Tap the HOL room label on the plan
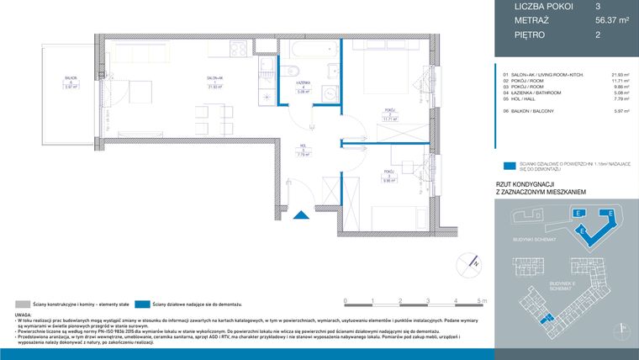[x=302, y=150]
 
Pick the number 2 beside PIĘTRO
[x=596, y=35]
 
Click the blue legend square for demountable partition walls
[x=507, y=167]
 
